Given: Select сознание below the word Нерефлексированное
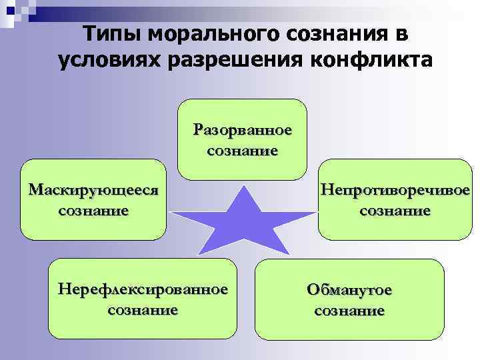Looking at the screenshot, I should [143, 310].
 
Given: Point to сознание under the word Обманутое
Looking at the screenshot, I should [349, 311].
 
